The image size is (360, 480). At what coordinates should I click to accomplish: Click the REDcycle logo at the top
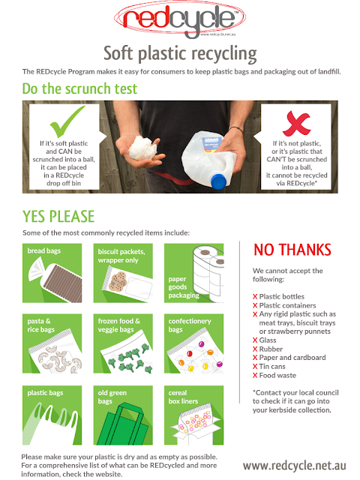coord(180,19)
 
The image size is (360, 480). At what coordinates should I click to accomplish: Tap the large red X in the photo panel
coord(296,123)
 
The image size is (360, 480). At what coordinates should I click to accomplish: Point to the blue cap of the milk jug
coord(218,181)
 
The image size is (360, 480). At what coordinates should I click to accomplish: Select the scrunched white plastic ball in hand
coord(142,148)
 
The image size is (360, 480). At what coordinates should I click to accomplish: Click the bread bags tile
coord(52,273)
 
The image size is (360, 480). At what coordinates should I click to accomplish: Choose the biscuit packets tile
coord(123,273)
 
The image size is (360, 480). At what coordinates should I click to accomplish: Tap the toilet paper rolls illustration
coord(208,273)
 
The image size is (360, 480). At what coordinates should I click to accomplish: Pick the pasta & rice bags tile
coord(52,343)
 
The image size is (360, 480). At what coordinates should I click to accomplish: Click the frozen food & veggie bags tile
coord(123,343)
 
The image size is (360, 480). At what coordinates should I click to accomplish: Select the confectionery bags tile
coord(193,343)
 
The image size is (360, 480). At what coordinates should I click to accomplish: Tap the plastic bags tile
coord(52,415)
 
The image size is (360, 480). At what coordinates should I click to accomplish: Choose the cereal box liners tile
coord(193,415)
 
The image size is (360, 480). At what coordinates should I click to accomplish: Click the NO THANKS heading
coord(292,250)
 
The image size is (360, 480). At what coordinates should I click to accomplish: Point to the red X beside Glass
coord(255,340)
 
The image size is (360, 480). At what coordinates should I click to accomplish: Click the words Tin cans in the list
coord(272,367)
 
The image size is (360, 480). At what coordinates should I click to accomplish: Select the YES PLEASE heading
coord(58,217)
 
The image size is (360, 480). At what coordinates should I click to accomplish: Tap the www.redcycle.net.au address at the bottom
coord(295,466)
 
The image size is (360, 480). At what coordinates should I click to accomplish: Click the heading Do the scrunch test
coord(79,88)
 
